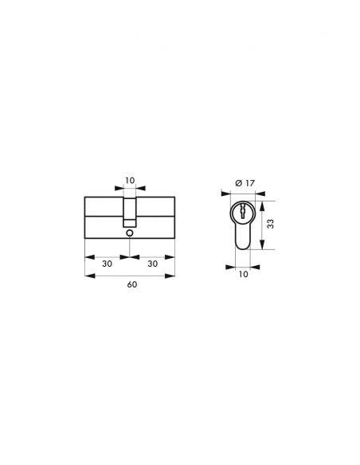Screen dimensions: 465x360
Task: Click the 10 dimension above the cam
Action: pos(129,180)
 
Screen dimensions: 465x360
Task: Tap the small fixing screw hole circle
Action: pos(129,233)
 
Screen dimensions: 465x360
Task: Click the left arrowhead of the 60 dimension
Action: pos(86,275)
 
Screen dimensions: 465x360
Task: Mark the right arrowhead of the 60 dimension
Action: pos(173,275)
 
